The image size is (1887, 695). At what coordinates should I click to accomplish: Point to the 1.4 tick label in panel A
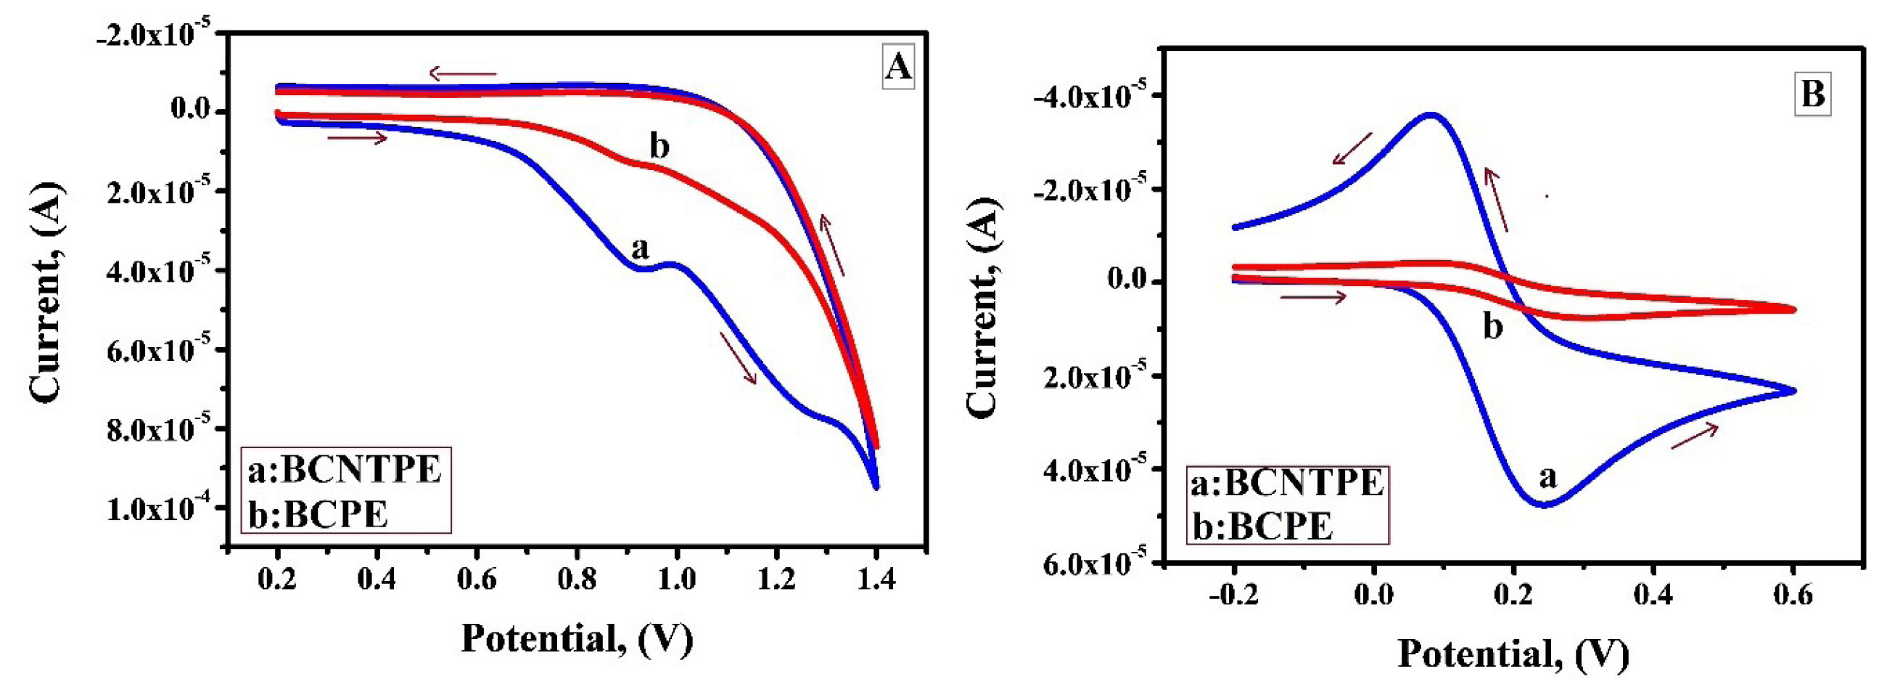pos(876,580)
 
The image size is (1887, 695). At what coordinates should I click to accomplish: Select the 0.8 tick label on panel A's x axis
pos(577,580)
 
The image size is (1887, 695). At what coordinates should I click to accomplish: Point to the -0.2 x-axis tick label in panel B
pos(1235,595)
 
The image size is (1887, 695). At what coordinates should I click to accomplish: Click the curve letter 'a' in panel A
pos(640,249)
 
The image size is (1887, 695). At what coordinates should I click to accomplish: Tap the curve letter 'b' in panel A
pos(659,147)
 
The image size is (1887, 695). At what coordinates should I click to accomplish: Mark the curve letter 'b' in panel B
pos(1492,326)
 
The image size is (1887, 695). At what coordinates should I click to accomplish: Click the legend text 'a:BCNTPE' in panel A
pos(345,470)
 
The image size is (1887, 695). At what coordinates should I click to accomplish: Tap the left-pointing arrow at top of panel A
pos(462,73)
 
